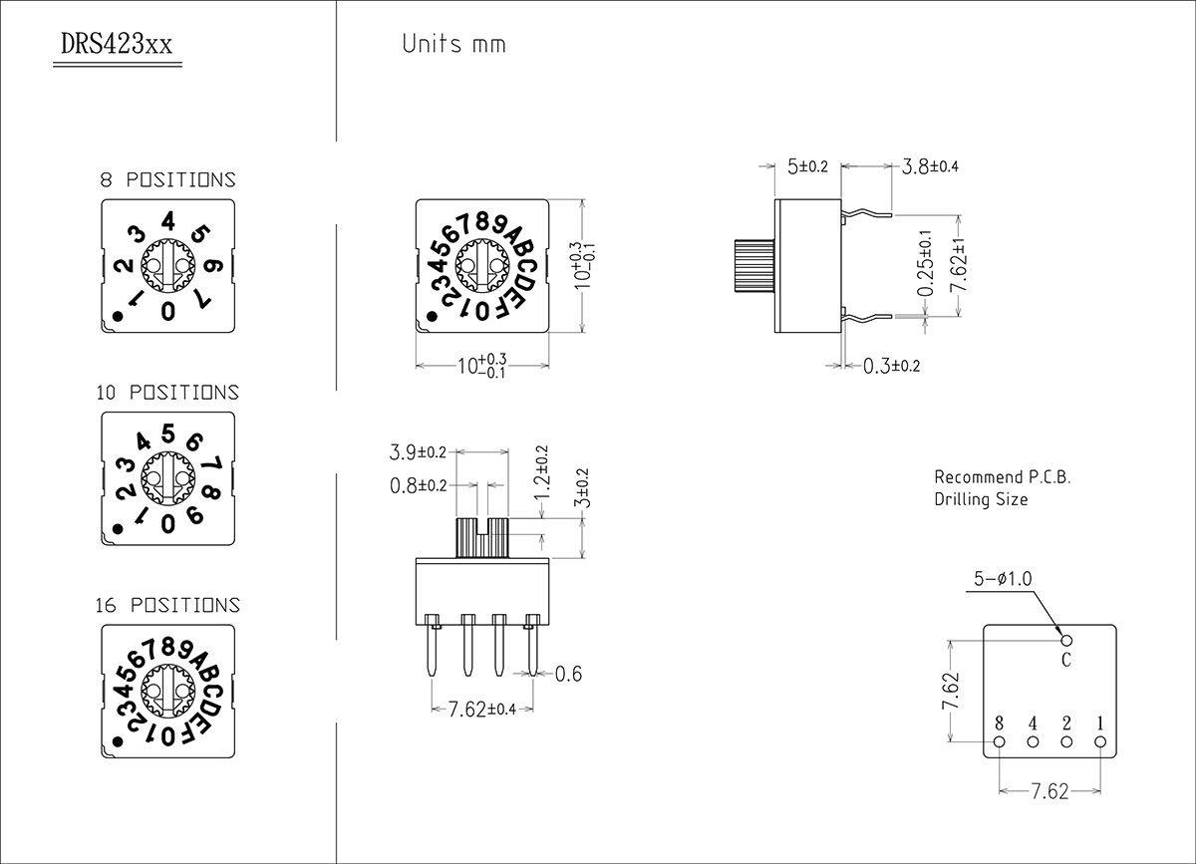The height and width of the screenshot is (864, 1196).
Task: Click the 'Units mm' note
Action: pyautogui.click(x=453, y=44)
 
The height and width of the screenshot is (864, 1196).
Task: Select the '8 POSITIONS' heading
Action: pyautogui.click(x=167, y=180)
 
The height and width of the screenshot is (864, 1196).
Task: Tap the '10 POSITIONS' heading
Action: pyautogui.click(x=167, y=393)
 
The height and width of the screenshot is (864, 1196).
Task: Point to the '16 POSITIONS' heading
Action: pyautogui.click(x=167, y=605)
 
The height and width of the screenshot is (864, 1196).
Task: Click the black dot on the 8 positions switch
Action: pyautogui.click(x=118, y=317)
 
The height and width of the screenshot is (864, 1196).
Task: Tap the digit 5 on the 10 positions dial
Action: pyautogui.click(x=168, y=433)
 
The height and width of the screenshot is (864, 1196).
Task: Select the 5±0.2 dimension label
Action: pyautogui.click(x=807, y=166)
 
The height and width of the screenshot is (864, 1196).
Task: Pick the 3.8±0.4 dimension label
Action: pyautogui.click(x=930, y=166)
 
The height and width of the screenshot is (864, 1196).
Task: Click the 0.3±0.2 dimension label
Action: pyautogui.click(x=891, y=366)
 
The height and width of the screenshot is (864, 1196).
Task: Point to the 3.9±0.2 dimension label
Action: pyautogui.click(x=418, y=453)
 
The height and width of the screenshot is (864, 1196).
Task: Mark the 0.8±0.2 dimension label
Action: pyautogui.click(x=418, y=485)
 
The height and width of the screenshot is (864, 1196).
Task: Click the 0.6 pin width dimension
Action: pyautogui.click(x=568, y=675)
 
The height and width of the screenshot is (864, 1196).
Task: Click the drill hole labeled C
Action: pyautogui.click(x=1066, y=640)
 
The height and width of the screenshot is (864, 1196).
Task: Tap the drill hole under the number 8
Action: pyautogui.click(x=1000, y=742)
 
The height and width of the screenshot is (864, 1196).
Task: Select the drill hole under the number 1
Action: pyautogui.click(x=1100, y=742)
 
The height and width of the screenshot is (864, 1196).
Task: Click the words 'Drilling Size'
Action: pyautogui.click(x=981, y=499)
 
